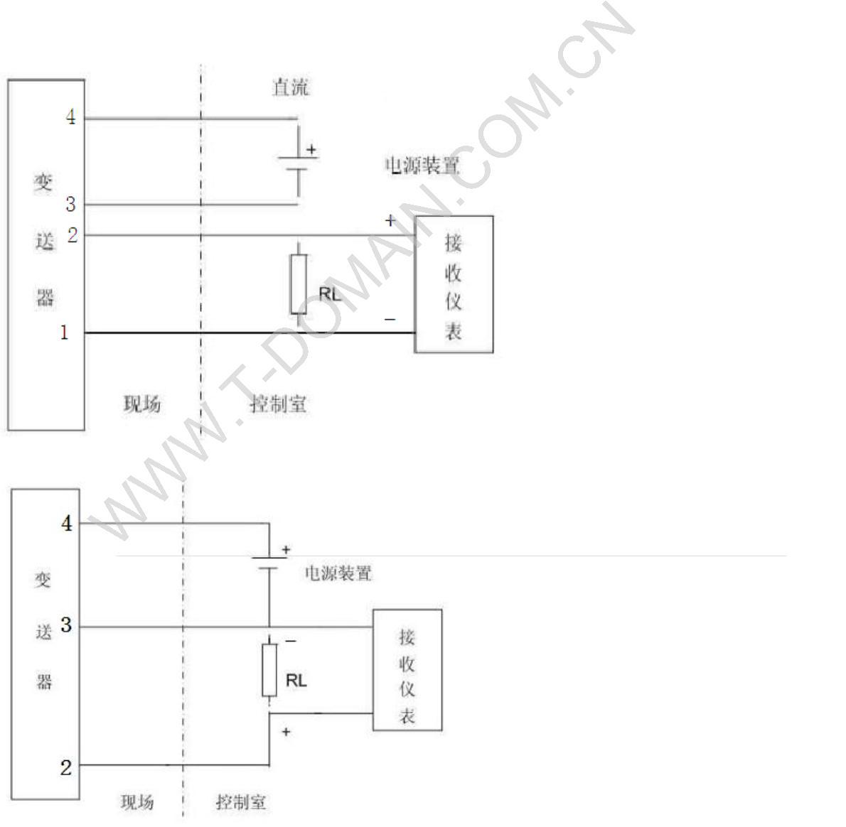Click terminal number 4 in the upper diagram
70,117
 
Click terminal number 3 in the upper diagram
70,205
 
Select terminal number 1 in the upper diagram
64,332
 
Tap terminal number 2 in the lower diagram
66,767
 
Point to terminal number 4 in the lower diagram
66,523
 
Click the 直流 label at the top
291,87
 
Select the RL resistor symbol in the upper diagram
299,284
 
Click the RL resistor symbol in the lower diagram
269,670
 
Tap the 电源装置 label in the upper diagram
422,166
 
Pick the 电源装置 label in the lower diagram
338,573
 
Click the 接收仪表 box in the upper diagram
454,285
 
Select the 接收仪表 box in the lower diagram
407,670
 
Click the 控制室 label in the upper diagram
278,404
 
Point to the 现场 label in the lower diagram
137,802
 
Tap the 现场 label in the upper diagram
142,404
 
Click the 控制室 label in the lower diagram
240,802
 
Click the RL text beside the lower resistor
296,681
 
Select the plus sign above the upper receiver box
390,220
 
